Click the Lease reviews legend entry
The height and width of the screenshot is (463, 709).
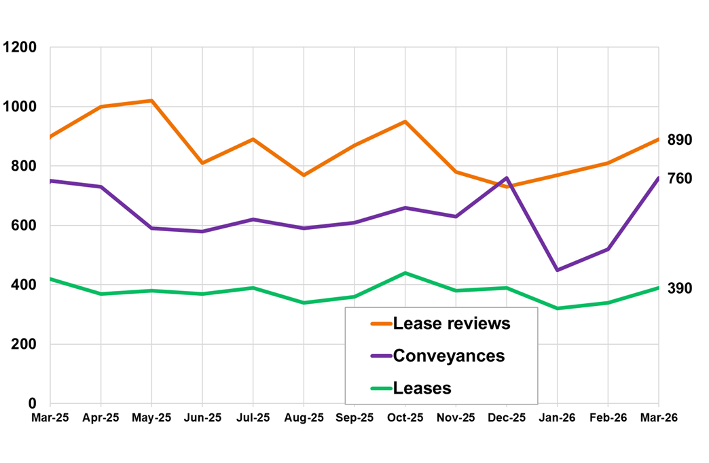coord(451,324)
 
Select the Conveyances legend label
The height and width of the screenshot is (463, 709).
coord(448,356)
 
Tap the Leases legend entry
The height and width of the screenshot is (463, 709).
coord(422,388)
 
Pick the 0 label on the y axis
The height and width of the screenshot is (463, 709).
coord(33,404)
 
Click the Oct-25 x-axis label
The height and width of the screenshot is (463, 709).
coord(405,417)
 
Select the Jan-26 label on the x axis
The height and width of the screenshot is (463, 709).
coord(558,417)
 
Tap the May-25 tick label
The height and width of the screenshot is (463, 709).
coord(151,417)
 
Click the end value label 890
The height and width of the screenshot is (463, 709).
coord(679,140)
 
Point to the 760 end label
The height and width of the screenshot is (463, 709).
coord(679,179)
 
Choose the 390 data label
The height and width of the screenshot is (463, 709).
coord(679,288)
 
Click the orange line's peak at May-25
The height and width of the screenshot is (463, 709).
coord(151,101)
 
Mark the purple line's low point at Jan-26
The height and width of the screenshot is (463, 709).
coord(558,270)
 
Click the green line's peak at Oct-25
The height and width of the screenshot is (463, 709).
coord(405,273)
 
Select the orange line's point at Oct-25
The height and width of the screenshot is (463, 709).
coord(405,122)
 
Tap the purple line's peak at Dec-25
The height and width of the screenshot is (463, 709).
coord(507,178)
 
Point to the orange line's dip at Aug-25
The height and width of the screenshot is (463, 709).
coord(304,175)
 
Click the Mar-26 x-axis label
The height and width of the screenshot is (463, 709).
coord(659,417)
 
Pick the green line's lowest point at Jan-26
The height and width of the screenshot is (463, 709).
coord(558,308)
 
